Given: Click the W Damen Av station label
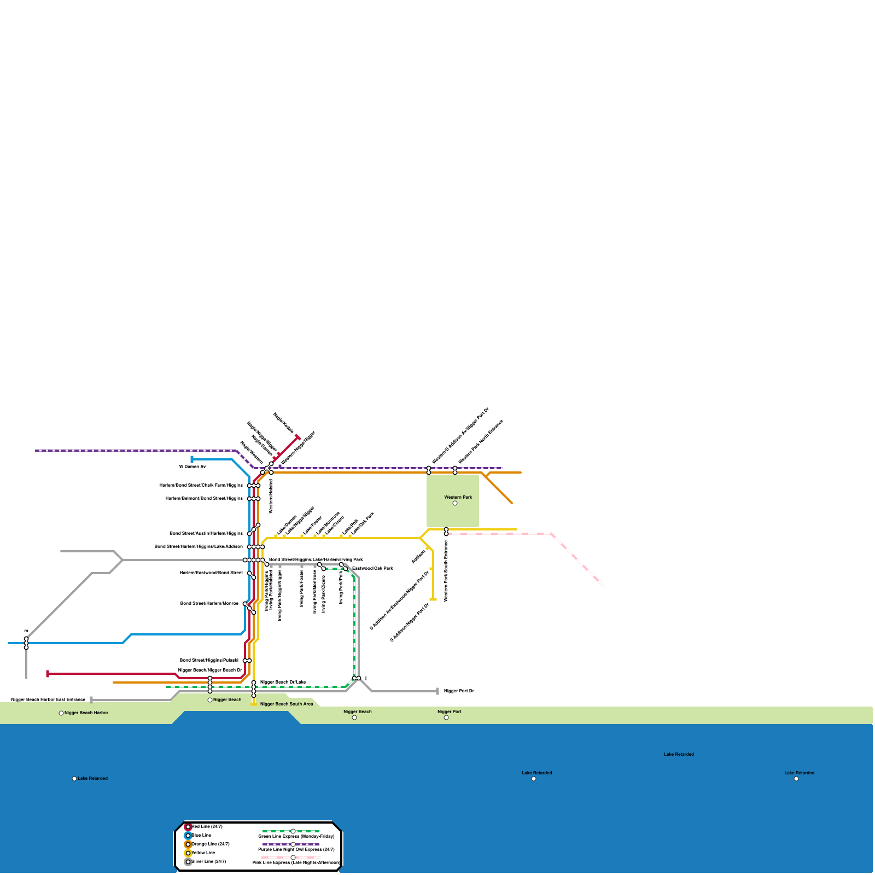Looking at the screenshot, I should point(192,467).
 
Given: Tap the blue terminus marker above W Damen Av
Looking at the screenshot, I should point(192,459).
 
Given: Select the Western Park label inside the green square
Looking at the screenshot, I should point(458,498).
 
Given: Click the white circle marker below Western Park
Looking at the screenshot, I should point(455,503).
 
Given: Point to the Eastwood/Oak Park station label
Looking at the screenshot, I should point(372,569).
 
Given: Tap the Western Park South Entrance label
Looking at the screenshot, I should point(446,571).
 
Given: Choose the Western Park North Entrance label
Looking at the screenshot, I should point(481,442).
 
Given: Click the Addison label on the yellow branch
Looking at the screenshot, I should point(419,557).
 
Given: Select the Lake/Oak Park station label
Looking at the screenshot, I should point(363,523).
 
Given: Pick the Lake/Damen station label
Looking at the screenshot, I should point(287,525).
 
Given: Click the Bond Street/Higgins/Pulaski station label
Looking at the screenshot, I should point(209,661).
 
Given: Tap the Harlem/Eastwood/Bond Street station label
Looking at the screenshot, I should point(211,573).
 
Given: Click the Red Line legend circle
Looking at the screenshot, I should point(188,827).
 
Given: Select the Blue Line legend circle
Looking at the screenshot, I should point(188,836).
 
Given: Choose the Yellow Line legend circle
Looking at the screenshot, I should point(188,853).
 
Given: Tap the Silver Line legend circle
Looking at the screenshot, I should point(188,862).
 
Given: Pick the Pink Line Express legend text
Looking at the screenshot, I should point(296,863).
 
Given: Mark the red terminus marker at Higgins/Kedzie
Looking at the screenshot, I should point(298,437).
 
